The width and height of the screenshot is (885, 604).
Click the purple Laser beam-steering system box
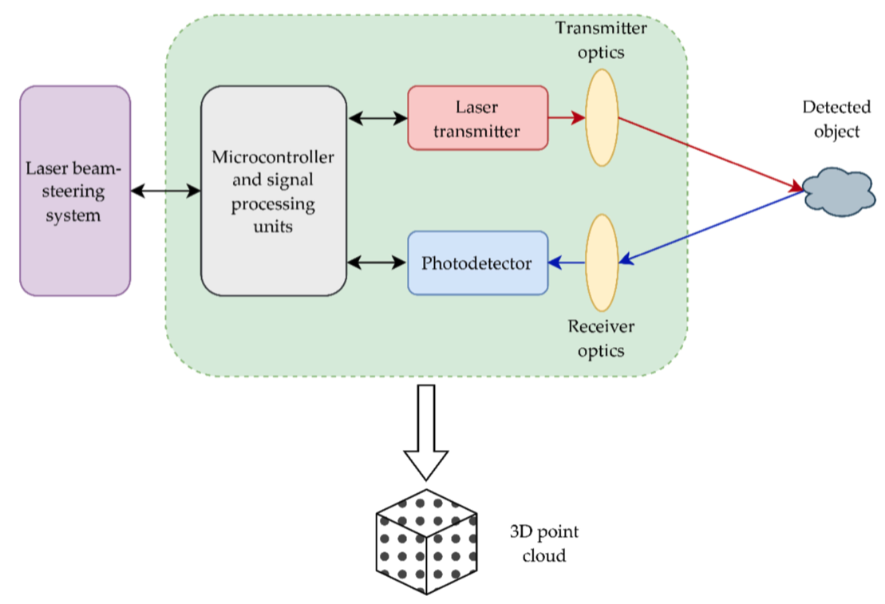(x=75, y=191)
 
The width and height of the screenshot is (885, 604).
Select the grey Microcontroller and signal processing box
(x=273, y=191)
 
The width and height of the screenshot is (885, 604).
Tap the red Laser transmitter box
(x=477, y=118)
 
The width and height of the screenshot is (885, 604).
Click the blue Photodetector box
(x=477, y=263)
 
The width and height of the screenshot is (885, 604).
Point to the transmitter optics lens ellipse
(x=602, y=118)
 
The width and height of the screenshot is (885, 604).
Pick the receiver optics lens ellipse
(x=602, y=263)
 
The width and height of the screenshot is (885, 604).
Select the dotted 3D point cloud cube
(x=426, y=542)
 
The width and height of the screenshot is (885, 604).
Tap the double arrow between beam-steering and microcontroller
(x=165, y=191)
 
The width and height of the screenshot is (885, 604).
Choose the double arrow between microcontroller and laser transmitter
(x=377, y=119)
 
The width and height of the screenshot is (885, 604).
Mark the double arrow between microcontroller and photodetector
(x=377, y=263)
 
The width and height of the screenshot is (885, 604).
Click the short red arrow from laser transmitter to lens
(x=567, y=118)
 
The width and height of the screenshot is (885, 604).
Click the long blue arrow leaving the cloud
(x=710, y=227)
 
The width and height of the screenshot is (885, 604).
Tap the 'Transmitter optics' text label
(x=602, y=38)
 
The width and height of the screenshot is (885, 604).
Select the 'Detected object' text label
(x=836, y=119)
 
